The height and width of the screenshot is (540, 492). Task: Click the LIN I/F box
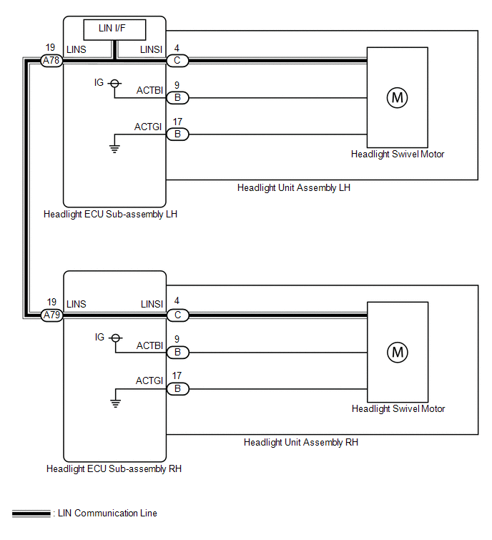click(x=114, y=30)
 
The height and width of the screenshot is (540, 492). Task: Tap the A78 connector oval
click(x=51, y=62)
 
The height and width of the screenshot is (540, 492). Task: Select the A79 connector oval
click(x=51, y=315)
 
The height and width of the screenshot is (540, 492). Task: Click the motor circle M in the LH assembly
click(x=397, y=98)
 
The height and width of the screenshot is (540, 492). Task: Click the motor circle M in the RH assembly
click(x=397, y=352)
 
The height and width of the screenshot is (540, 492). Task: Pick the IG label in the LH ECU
click(x=99, y=83)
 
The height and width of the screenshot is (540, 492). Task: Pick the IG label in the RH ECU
click(x=99, y=337)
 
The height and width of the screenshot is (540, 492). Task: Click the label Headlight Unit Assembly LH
click(x=293, y=188)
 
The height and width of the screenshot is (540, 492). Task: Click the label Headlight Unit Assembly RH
click(x=300, y=443)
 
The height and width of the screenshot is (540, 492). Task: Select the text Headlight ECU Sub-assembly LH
click(x=110, y=214)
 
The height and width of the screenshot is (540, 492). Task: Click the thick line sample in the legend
click(x=31, y=514)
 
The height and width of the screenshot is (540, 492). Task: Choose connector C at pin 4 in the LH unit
click(x=177, y=62)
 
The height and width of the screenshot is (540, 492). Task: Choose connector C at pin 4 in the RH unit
click(x=177, y=315)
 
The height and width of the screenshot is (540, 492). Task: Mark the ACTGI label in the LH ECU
click(x=149, y=127)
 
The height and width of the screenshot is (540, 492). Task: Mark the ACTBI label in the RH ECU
click(x=149, y=345)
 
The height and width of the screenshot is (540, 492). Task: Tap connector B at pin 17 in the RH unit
click(x=177, y=389)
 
